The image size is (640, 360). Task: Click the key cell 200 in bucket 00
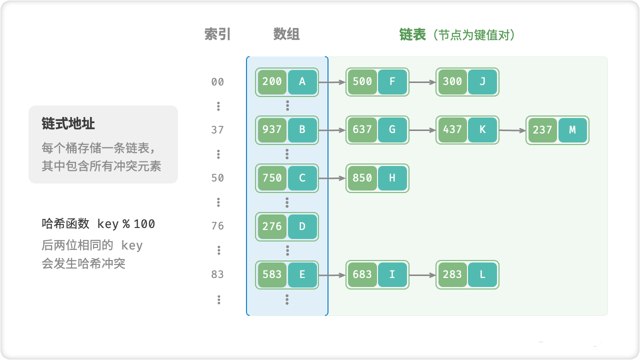click(x=272, y=82)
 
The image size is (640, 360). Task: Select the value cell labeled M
click(x=572, y=130)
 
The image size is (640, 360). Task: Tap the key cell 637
click(x=362, y=130)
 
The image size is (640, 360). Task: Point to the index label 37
click(x=217, y=130)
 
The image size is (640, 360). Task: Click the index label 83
click(x=217, y=274)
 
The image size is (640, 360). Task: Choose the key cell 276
click(x=272, y=226)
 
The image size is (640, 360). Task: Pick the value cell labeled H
click(x=392, y=178)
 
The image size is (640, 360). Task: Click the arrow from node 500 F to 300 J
click(x=422, y=82)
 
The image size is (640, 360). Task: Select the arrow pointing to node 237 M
click(x=512, y=130)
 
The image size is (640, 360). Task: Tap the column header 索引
click(x=217, y=34)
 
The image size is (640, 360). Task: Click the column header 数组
click(x=286, y=34)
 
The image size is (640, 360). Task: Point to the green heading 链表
click(x=412, y=34)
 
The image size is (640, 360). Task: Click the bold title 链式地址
click(x=68, y=123)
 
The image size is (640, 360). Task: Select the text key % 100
click(x=126, y=224)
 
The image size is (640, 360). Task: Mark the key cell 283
click(x=452, y=274)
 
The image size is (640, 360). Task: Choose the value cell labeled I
click(x=392, y=274)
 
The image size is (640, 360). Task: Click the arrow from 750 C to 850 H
click(x=332, y=178)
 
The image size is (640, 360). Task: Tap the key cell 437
click(x=452, y=130)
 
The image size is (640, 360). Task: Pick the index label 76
click(x=217, y=226)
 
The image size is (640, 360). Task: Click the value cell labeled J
click(x=482, y=82)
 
